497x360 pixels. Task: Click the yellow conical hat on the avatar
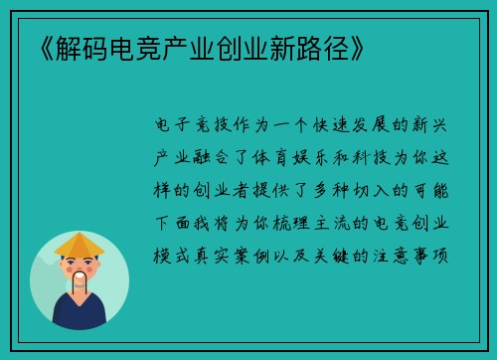[x=80, y=244]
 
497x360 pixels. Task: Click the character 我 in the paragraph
[x=200, y=222]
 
